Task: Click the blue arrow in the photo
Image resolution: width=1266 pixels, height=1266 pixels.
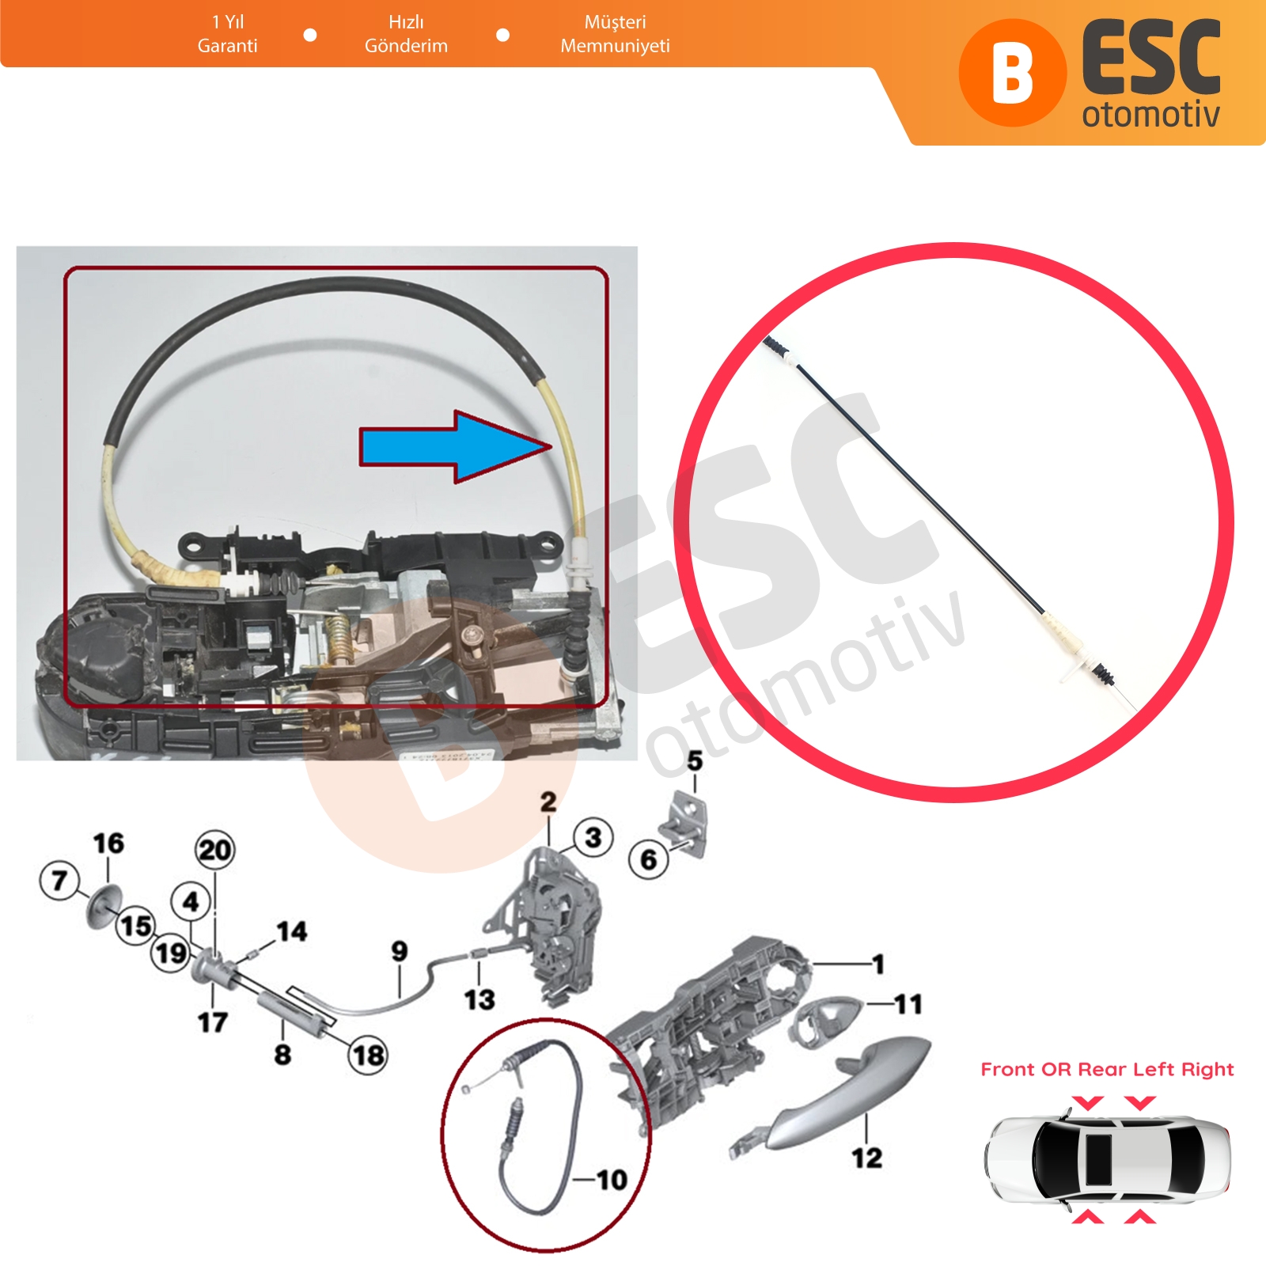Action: (x=455, y=447)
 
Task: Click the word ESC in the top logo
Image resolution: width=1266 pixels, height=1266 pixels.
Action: (x=1151, y=58)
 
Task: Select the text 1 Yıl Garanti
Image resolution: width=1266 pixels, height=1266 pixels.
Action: (x=228, y=34)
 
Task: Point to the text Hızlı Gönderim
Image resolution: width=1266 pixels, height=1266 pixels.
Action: (x=406, y=34)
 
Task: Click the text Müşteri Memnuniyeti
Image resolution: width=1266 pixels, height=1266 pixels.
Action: (x=615, y=34)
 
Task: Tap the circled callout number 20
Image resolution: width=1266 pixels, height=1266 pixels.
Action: (x=214, y=850)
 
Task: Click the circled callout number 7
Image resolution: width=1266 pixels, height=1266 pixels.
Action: (x=59, y=881)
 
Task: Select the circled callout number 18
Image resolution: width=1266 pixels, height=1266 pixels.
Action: (x=368, y=1055)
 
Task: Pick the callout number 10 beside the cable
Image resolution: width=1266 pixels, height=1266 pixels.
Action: (x=612, y=1180)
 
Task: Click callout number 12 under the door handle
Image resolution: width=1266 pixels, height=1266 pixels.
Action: (x=866, y=1158)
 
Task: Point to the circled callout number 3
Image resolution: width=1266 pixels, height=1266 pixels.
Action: (x=593, y=837)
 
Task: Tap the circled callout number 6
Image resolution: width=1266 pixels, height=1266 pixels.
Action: (x=649, y=859)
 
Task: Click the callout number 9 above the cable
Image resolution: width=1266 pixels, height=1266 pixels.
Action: (x=400, y=950)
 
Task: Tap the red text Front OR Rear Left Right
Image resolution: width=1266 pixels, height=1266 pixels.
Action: (x=1107, y=1069)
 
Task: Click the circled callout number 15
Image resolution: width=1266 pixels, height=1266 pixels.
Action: (x=136, y=926)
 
